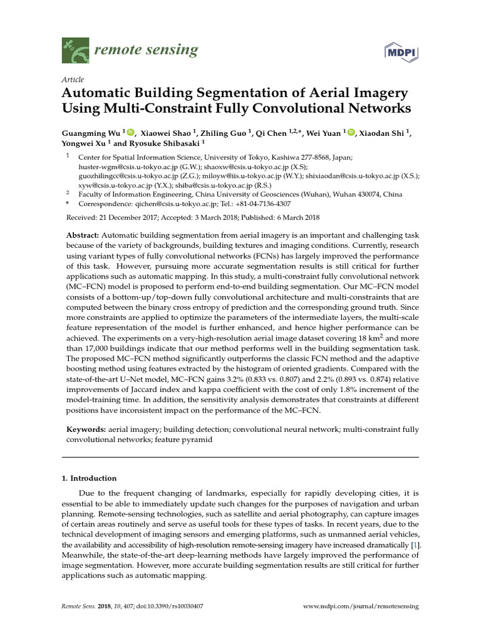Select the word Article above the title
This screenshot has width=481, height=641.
(72, 79)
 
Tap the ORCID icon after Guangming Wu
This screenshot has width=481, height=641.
(131, 133)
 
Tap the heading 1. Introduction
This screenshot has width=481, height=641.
(89, 478)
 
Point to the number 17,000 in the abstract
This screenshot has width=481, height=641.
(103, 347)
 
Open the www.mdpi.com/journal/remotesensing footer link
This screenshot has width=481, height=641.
(361, 607)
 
